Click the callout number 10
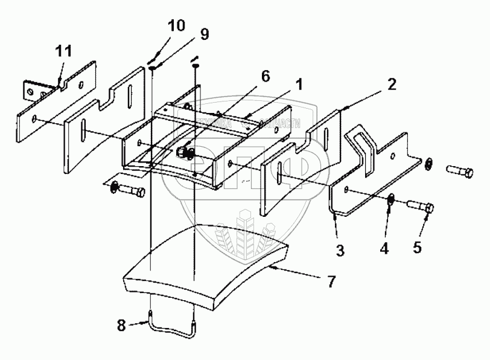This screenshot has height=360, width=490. click(x=177, y=26)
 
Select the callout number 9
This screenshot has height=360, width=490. click(x=205, y=34)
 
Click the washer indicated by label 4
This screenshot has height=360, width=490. click(x=391, y=198)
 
